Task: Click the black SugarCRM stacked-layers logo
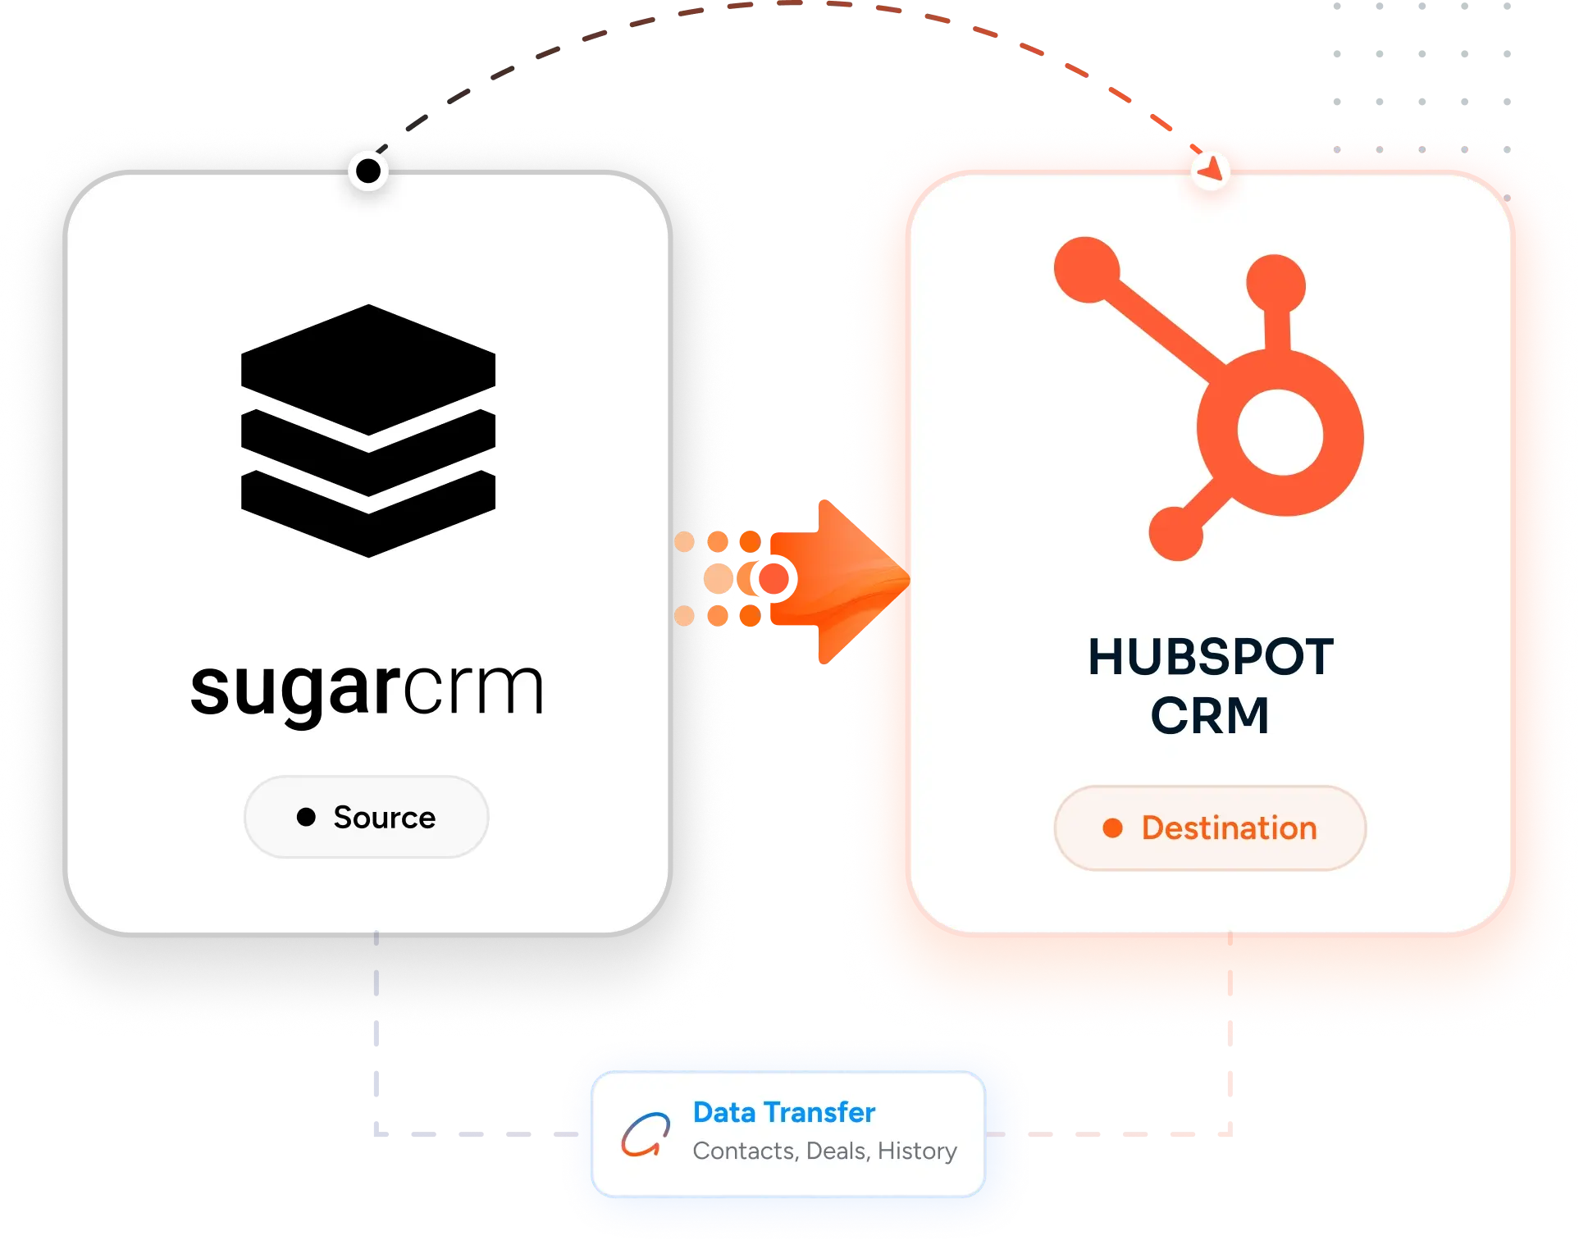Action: coord(368,431)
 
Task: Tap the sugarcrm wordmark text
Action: coord(367,689)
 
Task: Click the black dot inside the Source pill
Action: coord(306,817)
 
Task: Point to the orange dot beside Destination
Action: coord(1112,828)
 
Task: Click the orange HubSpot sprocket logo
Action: coord(1209,399)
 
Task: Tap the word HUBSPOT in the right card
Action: coord(1211,657)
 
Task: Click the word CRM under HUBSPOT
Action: coord(1210,715)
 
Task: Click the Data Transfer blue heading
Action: coord(784,1112)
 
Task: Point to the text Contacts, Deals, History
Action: coord(824,1151)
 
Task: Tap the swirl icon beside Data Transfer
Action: coord(646,1134)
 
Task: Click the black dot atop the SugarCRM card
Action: coord(368,171)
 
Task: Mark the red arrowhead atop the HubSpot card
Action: coord(1212,167)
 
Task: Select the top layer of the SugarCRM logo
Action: coord(368,369)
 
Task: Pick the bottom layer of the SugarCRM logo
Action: coord(368,514)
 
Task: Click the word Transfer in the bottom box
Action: coord(819,1112)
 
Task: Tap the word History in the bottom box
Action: coord(917,1151)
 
